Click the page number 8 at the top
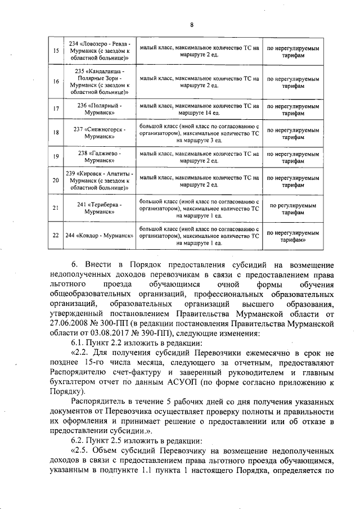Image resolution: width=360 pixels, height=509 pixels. tap(191, 25)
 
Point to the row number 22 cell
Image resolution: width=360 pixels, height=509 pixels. tap(55, 235)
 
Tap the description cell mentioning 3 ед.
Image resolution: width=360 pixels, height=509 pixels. tap(199, 133)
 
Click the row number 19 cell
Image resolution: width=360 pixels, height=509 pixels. tap(55, 157)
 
